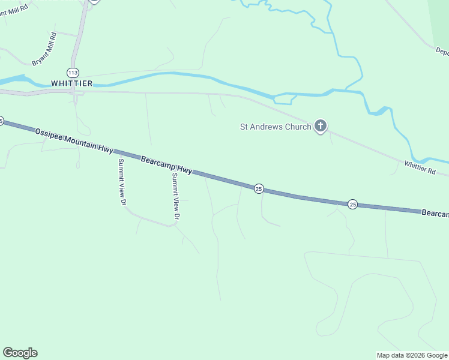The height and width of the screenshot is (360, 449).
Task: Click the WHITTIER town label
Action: click(71, 83)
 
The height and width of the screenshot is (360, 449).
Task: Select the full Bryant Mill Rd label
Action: click(44, 49)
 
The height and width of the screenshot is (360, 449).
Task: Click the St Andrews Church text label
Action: click(276, 127)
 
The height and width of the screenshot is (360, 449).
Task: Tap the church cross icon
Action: click(321, 126)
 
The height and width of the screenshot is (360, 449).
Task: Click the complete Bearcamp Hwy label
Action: click(166, 165)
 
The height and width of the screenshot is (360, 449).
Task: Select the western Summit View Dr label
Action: click(121, 182)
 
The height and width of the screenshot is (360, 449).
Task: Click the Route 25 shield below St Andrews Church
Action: click(259, 188)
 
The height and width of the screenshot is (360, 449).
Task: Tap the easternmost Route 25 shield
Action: click(353, 205)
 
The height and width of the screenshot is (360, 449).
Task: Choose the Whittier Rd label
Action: click(419, 167)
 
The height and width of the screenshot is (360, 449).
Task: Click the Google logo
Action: click(20, 353)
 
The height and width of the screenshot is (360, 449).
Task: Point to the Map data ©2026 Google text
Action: click(411, 355)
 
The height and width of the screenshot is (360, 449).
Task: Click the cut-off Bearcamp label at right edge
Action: click(435, 214)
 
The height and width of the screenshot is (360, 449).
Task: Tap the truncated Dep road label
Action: click(442, 52)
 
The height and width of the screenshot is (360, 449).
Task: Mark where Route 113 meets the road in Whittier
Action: click(73, 92)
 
